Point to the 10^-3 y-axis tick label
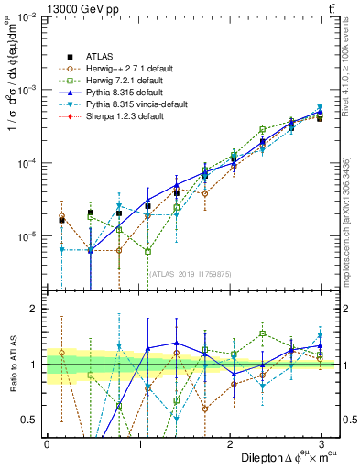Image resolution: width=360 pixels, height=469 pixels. [23, 91]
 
